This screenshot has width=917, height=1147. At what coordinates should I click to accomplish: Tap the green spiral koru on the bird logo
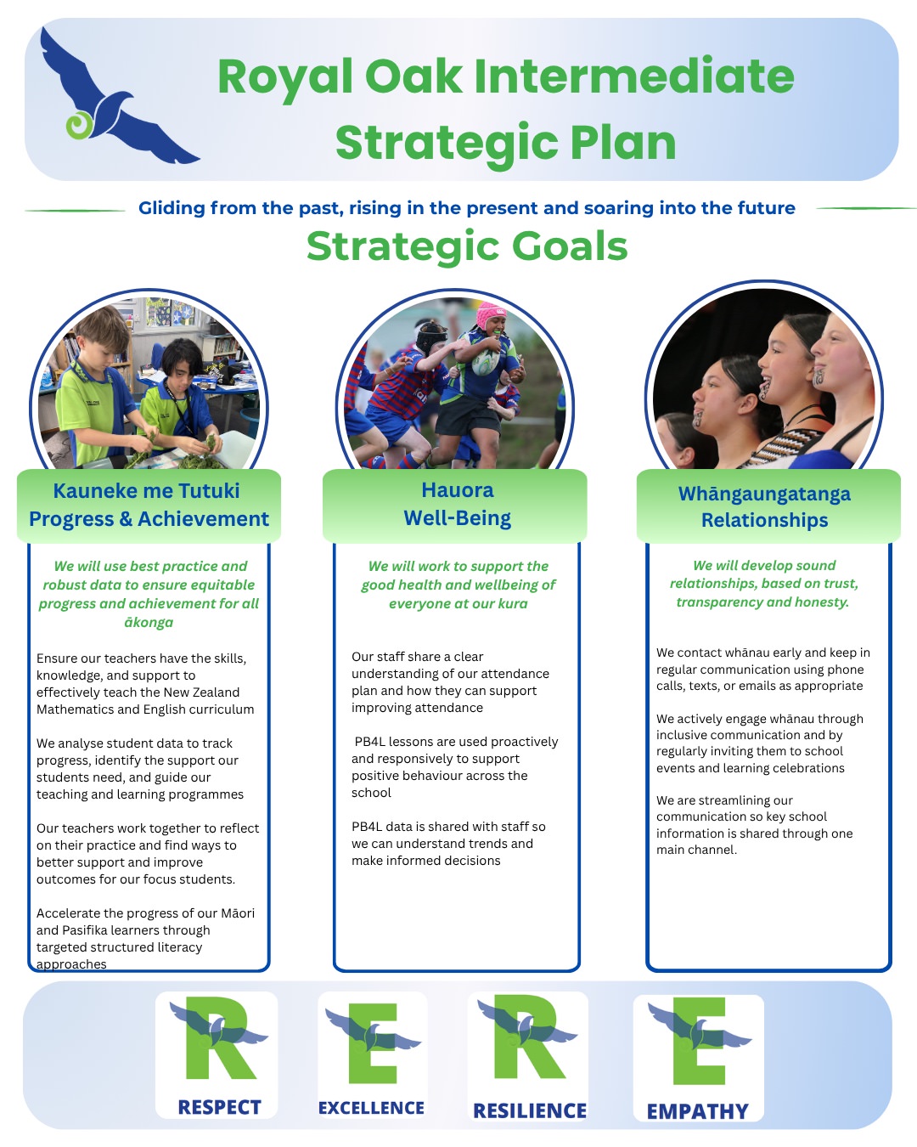click(80, 125)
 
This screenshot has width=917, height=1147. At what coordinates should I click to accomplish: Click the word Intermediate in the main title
click(633, 76)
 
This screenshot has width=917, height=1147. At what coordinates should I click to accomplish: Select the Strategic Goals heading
click(467, 246)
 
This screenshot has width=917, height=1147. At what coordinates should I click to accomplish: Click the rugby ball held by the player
click(485, 361)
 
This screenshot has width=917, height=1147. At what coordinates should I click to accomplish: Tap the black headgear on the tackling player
click(431, 336)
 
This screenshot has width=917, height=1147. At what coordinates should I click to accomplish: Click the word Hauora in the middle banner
click(457, 490)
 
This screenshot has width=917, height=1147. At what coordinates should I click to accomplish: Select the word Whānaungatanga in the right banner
click(764, 494)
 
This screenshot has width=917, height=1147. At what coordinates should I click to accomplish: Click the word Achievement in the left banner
click(203, 518)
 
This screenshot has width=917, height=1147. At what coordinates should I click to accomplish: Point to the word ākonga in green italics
click(149, 623)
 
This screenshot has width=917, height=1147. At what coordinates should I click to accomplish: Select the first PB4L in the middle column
click(370, 742)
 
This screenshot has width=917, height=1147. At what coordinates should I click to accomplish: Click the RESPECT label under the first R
click(219, 1107)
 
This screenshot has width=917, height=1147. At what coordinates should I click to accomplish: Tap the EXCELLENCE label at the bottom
click(371, 1108)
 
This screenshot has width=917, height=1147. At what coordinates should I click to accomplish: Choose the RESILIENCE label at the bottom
click(530, 1110)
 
